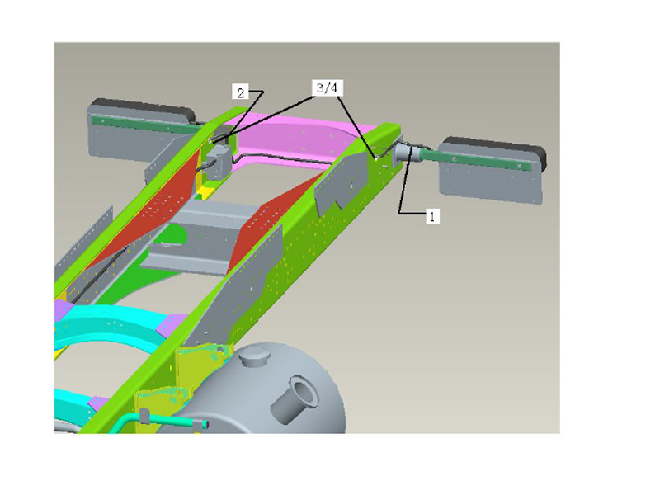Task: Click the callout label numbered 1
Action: coord(432,216)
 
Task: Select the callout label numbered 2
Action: coord(240,92)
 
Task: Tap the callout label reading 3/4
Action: coord(327,87)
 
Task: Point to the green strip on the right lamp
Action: coord(478,159)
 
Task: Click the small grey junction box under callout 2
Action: coord(218,162)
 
